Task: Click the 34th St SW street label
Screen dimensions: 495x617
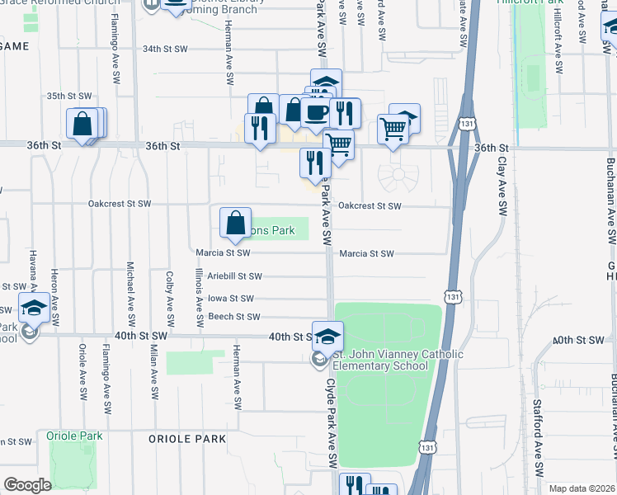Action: pos(165,49)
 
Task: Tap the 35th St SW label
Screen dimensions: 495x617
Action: pos(68,96)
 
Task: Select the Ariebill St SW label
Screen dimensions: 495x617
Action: pos(234,276)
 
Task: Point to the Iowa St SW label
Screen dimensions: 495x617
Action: pos(230,298)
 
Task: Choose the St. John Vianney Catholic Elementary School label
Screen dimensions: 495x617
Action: pos(398,360)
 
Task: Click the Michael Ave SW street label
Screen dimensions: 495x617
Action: pos(130,293)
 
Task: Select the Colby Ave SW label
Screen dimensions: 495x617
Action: pos(170,298)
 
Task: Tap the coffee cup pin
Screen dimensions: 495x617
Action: pos(316,112)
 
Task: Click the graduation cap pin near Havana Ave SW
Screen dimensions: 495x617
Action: pos(33,308)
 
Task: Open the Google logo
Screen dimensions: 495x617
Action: pos(27,485)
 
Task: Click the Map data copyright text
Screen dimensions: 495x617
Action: pos(582,488)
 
